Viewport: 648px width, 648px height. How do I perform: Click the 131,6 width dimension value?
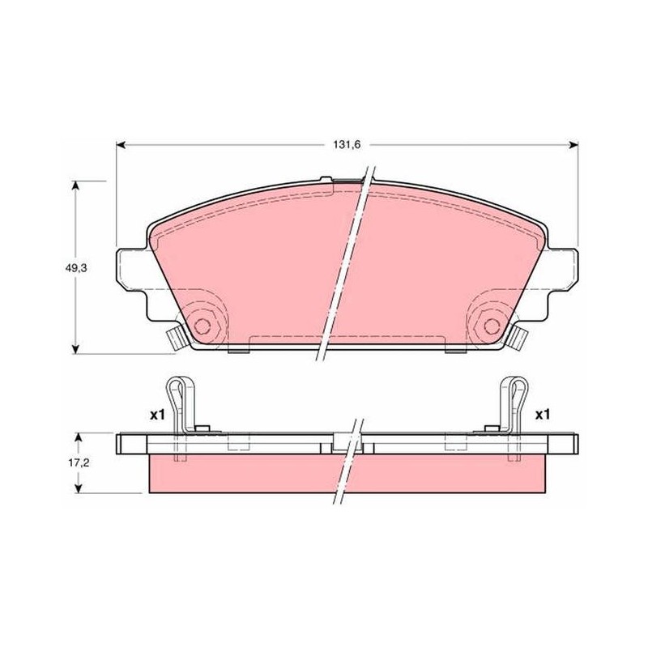pos(347,145)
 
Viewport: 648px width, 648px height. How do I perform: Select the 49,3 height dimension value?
pos(75,268)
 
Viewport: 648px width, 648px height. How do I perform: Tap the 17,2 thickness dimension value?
pos(79,463)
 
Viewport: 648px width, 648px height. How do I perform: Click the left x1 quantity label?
pos(157,415)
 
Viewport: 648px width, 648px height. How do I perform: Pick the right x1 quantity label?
pos(543,415)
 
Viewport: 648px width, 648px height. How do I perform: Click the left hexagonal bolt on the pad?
pos(202,326)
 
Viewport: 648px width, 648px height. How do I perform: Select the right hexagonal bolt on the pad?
pos(492,326)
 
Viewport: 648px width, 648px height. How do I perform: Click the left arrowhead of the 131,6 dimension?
pos(120,145)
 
